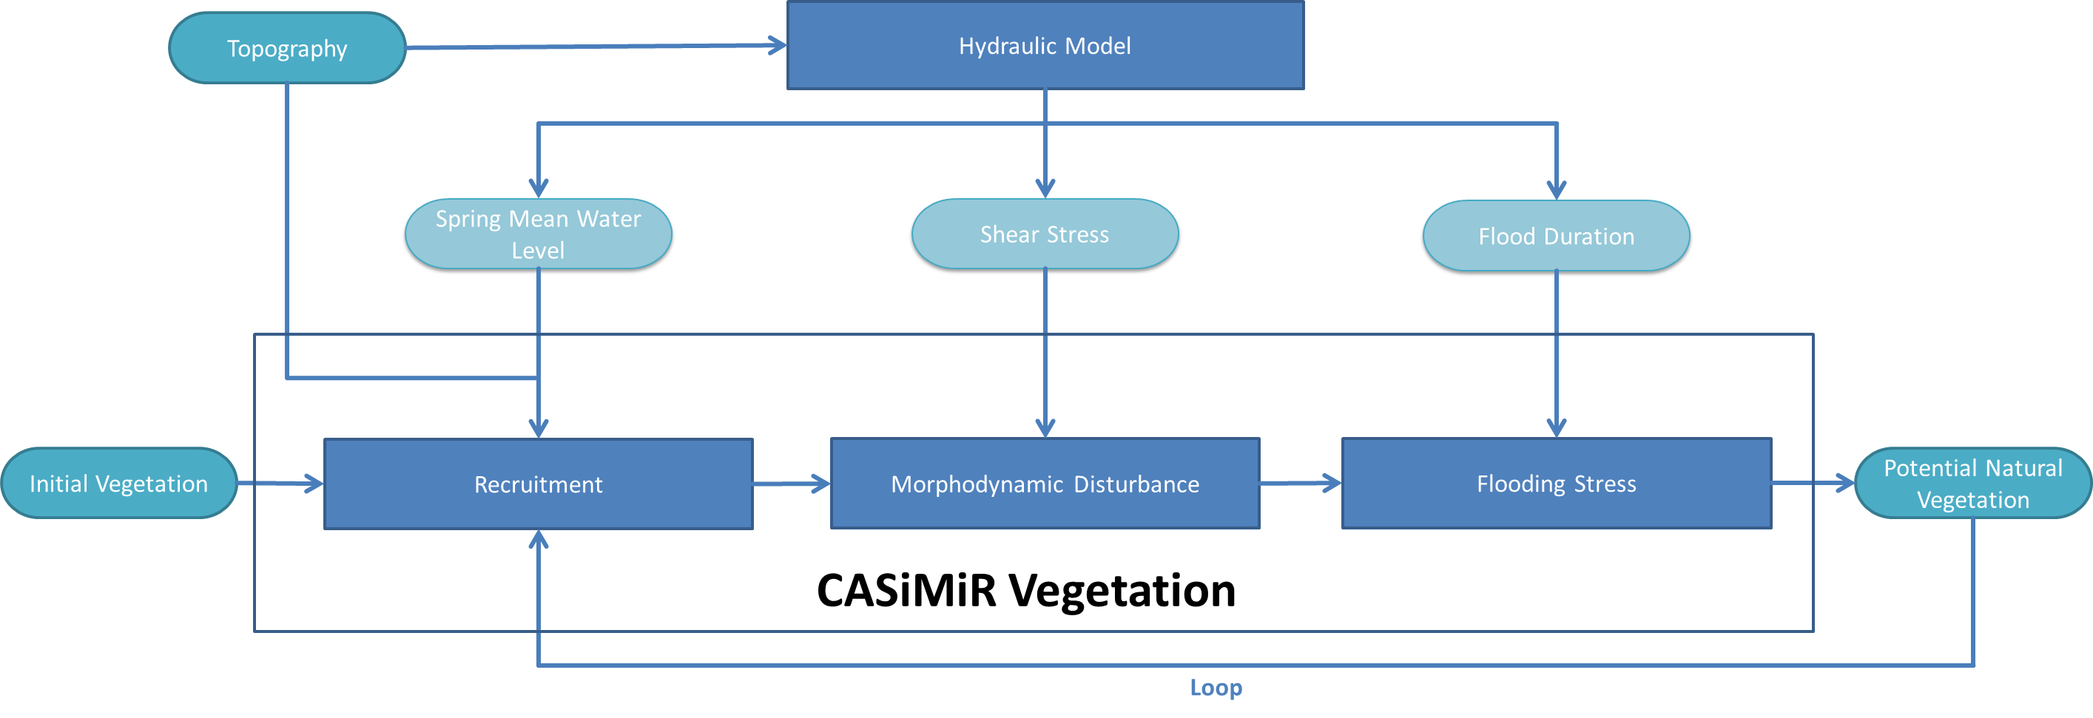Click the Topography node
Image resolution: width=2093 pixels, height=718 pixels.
287,49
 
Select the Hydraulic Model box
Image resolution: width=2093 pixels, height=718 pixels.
1045,46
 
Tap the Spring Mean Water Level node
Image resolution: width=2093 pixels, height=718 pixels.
538,234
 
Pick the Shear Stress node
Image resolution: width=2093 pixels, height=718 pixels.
1044,234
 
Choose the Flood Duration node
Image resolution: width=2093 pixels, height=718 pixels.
1556,237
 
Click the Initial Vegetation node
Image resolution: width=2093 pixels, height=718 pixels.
118,484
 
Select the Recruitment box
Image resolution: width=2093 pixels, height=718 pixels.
538,484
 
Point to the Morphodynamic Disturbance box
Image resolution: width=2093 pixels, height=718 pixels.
1045,484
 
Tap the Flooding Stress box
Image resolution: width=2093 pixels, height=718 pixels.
1556,484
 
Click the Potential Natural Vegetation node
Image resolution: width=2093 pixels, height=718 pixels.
1972,484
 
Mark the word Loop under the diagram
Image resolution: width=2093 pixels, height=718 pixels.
1216,688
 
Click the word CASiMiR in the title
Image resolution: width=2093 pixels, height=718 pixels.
906,591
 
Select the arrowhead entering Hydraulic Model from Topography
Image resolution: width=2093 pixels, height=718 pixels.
778,46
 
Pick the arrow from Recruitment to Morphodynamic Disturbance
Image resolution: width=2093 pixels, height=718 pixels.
792,484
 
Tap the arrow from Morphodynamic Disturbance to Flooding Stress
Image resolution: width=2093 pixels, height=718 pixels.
1301,484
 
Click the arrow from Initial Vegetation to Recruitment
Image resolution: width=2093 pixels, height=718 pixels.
281,484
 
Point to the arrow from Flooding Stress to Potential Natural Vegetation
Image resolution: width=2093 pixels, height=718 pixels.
1813,484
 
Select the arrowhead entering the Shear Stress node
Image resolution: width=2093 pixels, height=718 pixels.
1045,189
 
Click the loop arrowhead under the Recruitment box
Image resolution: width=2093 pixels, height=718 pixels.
538,539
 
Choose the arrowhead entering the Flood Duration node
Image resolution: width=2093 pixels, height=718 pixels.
1556,190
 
